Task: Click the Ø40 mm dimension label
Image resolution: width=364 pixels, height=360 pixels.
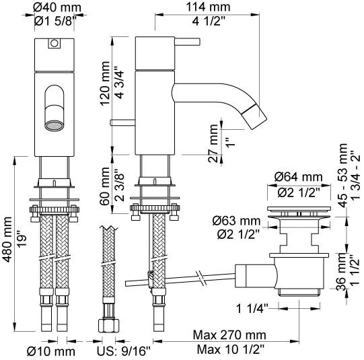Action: coord(57,7)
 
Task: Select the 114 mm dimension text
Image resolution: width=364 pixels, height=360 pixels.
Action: coord(208,7)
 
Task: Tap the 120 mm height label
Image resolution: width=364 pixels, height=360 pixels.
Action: coord(105,83)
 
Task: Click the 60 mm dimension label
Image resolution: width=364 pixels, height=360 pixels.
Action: coord(105,186)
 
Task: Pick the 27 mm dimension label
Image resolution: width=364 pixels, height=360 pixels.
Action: coord(213,143)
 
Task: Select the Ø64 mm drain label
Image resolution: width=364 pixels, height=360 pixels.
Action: coord(299,178)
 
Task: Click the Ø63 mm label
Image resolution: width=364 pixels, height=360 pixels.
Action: coord(236,221)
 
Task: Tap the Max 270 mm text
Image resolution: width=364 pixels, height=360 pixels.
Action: coord(229,335)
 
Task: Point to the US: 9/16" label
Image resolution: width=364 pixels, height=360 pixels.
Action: coord(124,351)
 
